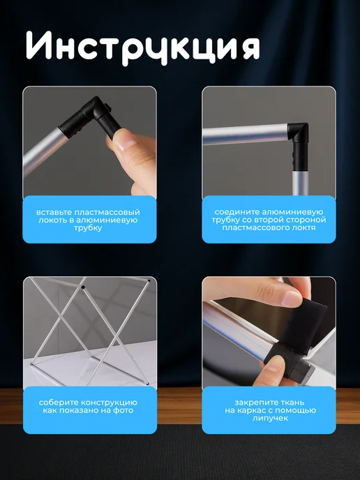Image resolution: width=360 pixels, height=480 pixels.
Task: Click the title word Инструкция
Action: (x=142, y=47)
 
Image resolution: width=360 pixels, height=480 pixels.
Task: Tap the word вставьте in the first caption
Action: (x=54, y=212)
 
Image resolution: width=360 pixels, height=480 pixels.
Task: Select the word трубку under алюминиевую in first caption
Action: (x=88, y=228)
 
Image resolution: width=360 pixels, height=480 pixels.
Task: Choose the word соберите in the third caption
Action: (x=57, y=403)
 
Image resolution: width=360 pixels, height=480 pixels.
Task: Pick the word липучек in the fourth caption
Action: (x=270, y=419)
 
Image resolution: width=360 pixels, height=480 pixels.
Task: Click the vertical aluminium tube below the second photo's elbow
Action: (x=300, y=183)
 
